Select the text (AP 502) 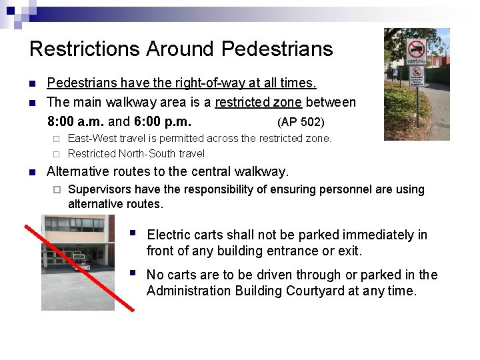click(301, 122)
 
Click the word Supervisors click(101, 189)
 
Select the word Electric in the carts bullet click(167, 235)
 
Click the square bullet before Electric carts click(133, 233)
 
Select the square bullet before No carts click(133, 273)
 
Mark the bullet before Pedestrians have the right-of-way click(32, 83)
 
